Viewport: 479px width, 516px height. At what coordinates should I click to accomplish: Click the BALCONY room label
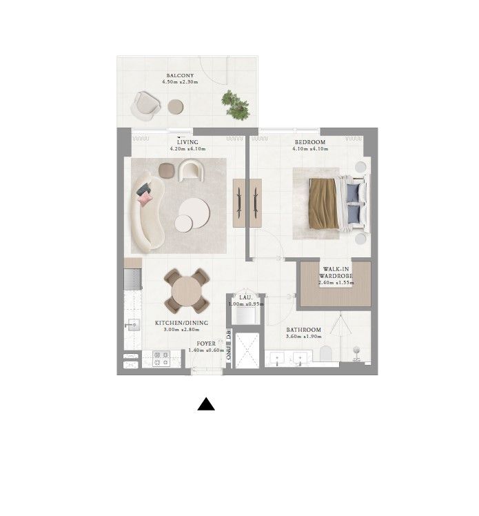[x=180, y=75]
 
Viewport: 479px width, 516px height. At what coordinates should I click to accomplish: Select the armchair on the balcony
[x=147, y=104]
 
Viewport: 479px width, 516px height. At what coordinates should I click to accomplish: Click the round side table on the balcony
[x=176, y=106]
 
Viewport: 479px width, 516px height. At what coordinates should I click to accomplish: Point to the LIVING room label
[x=187, y=142]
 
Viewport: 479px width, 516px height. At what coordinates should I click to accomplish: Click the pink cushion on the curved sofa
[x=145, y=199]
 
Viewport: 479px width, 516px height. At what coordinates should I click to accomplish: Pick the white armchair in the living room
[x=191, y=169]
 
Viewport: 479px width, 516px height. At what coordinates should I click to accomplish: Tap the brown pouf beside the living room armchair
[x=167, y=170]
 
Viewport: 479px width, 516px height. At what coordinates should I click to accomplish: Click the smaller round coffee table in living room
[x=184, y=223]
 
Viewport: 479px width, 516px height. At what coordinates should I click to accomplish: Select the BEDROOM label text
[x=308, y=142]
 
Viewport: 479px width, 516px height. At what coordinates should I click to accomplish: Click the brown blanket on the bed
[x=322, y=203]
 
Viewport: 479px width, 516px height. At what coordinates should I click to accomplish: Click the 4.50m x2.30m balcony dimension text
[x=180, y=82]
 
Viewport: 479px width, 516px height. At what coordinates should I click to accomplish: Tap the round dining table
[x=185, y=290]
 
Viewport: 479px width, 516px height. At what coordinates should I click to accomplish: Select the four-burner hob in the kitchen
[x=161, y=359]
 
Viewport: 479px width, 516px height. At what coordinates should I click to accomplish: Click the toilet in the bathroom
[x=327, y=354]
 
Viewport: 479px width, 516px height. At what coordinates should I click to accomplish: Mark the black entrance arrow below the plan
[x=206, y=404]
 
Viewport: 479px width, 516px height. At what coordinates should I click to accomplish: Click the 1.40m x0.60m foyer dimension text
[x=205, y=350]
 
